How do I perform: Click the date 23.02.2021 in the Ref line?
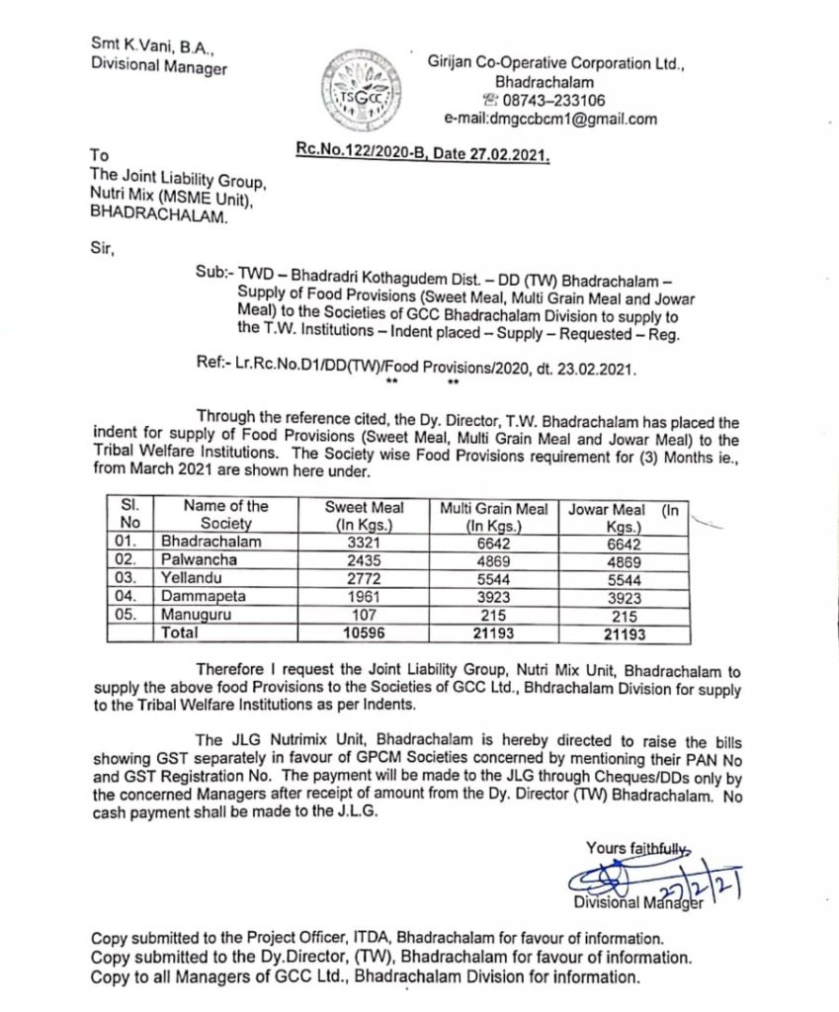[599, 365]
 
